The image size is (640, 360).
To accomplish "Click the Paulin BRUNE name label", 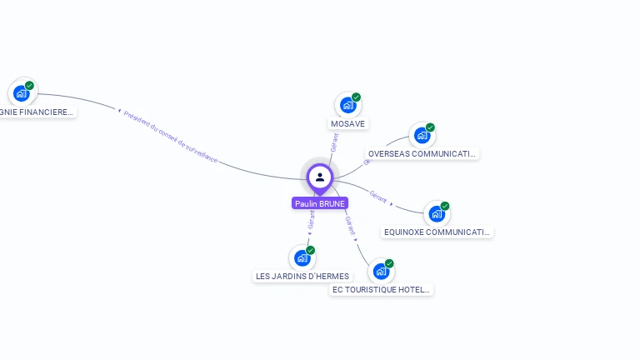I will point(320,203).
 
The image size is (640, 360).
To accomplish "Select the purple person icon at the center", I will point(320,177).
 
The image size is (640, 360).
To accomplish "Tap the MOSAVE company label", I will point(347,124).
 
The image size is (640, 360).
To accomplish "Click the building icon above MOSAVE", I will point(347,105).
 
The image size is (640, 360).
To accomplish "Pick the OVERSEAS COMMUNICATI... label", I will point(422,154).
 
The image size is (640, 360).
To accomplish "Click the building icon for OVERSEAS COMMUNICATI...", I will point(422,135).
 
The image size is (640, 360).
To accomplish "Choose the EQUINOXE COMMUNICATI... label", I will point(437,232).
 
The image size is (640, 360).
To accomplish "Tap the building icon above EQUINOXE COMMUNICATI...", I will point(437,214).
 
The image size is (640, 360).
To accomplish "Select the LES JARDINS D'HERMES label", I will point(302,277).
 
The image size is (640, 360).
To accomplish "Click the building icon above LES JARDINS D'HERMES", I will point(302,257).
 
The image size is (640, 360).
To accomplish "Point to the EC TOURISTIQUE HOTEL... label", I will point(381,290).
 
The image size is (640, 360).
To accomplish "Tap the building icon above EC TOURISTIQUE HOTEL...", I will point(381,271).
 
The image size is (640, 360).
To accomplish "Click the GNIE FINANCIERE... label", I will point(37,112).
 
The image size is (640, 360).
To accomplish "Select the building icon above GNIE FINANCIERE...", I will point(21,92).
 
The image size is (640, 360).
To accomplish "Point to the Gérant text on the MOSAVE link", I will point(335,142).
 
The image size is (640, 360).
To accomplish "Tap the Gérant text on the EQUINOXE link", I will point(378,197).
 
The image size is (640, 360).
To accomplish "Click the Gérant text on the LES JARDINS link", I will point(312,219).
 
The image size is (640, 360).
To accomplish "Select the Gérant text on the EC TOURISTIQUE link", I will point(350,224).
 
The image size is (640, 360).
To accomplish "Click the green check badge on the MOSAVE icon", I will point(356,97).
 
